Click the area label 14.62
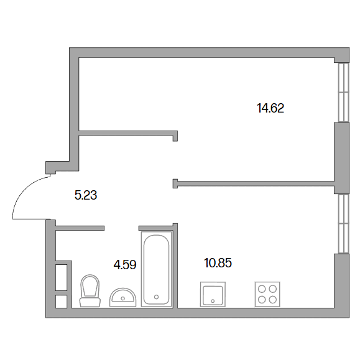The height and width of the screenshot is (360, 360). pos(270,108)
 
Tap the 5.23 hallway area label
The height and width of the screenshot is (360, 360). pos(86,195)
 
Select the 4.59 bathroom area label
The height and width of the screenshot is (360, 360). pos(125,264)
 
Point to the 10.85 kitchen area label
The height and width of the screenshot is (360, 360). pos(218,263)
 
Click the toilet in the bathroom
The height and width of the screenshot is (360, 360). pos(90,290)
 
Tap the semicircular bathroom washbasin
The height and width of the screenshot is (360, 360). pos(123,297)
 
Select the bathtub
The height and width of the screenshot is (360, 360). pos(156,269)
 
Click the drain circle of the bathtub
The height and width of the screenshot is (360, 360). pos(156,297)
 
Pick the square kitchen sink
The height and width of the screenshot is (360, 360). pos(213,294)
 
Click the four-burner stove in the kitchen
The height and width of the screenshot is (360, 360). pos(267,294)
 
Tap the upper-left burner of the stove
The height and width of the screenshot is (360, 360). pos(262,289)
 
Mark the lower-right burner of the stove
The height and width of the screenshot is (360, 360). pos(273,300)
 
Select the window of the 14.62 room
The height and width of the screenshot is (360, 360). pos(343,92)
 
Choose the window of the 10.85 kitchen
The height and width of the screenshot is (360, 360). pos(343,224)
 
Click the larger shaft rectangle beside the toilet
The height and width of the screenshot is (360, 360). pos(62,277)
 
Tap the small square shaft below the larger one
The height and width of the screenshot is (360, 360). pos(62,302)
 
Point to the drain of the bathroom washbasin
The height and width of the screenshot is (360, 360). pos(123,298)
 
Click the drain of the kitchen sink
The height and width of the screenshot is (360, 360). pos(213,301)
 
